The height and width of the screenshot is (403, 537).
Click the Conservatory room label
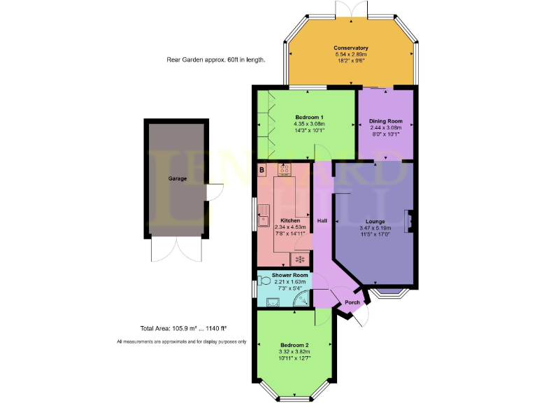(x=351, y=48)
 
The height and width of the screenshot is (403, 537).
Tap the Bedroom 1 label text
(x=308, y=117)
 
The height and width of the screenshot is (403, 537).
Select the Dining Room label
(x=386, y=121)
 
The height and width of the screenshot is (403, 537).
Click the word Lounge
(x=375, y=221)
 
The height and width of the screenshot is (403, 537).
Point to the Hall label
(x=322, y=221)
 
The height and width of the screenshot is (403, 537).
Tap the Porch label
(x=352, y=302)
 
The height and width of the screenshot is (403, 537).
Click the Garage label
(x=177, y=178)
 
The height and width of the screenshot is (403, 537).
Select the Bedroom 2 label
(x=295, y=346)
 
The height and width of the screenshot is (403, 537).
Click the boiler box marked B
(x=262, y=170)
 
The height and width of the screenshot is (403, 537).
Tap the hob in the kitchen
(x=285, y=169)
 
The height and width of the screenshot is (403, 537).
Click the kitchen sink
(x=265, y=215)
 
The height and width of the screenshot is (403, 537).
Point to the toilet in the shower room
(x=264, y=281)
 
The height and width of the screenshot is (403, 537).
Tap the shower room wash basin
(x=273, y=302)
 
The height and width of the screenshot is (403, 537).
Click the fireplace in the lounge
(x=412, y=221)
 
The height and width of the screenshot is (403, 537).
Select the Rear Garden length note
(x=215, y=60)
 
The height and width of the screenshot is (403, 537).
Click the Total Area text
(x=183, y=327)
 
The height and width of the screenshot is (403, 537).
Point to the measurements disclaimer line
(x=181, y=341)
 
